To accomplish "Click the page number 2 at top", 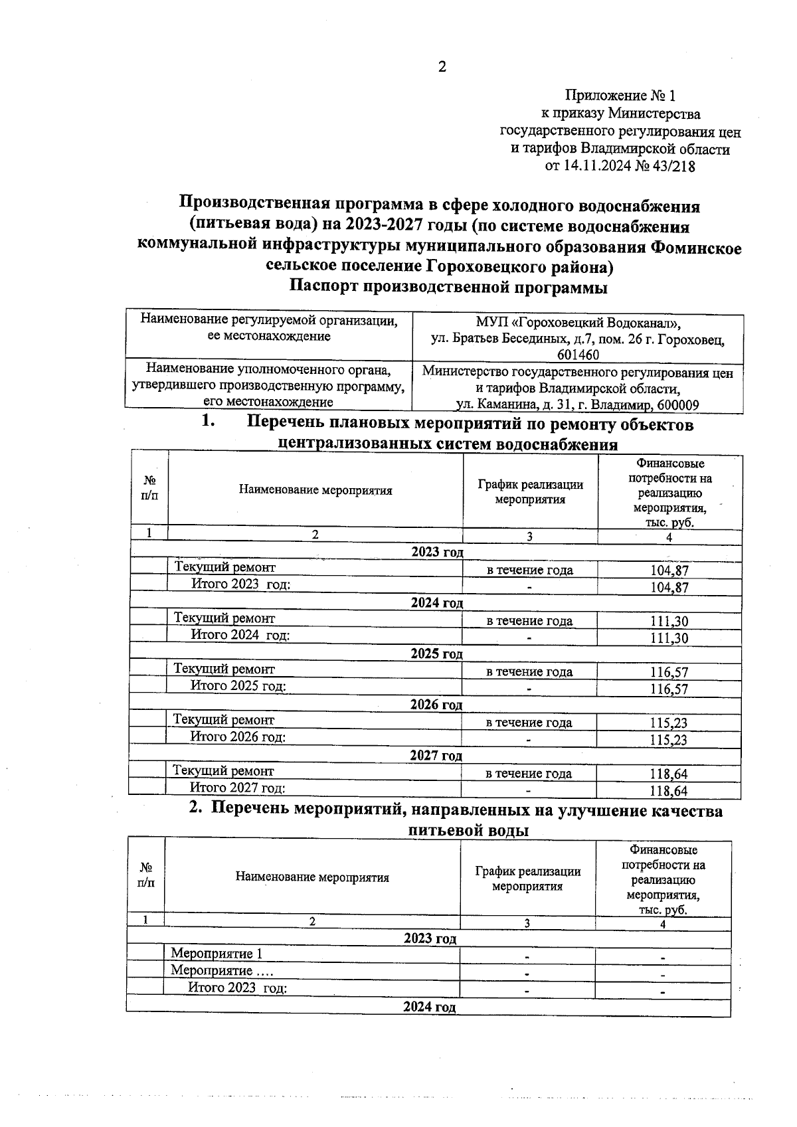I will (442, 67).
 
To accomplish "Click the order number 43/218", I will (673, 167).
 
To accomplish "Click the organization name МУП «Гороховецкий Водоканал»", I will (578, 323).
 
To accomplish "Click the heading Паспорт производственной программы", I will (448, 288).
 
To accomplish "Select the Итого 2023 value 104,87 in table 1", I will (669, 588).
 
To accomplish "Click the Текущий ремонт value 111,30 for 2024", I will (669, 622).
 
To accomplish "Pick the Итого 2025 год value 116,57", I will (669, 689).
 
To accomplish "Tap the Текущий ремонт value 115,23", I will (668, 723).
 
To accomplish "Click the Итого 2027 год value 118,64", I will (668, 791).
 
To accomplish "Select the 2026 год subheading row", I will (436, 705).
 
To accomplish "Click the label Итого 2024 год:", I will (240, 635).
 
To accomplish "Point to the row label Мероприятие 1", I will (217, 954).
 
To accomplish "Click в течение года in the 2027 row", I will (529, 774).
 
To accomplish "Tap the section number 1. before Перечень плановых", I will (209, 422).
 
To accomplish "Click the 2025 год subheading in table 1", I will (436, 653).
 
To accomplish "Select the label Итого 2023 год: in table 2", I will (237, 988).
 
